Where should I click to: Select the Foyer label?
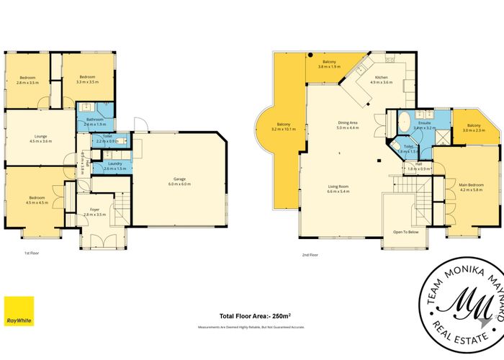pyautogui.click(x=94, y=209)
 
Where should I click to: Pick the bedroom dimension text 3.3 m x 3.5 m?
pyautogui.click(x=88, y=83)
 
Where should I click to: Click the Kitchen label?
pyautogui.click(x=381, y=77)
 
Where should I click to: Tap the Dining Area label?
pyautogui.click(x=348, y=123)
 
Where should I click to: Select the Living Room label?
pyautogui.click(x=338, y=186)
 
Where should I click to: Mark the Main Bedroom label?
pyautogui.click(x=470, y=185)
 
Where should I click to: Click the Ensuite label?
pyautogui.click(x=425, y=123)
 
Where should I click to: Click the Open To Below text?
pyautogui.click(x=406, y=232)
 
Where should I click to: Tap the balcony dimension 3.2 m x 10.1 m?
pyautogui.click(x=284, y=130)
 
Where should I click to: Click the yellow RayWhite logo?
pyautogui.click(x=18, y=311)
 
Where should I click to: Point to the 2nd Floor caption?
pyautogui.click(x=310, y=255)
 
